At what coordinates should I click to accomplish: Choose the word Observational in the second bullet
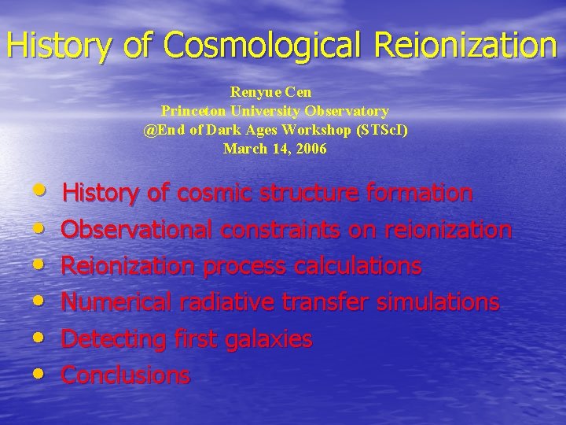click(x=138, y=230)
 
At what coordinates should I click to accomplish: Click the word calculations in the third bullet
click(x=358, y=266)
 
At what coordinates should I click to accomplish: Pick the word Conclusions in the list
click(x=126, y=375)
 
